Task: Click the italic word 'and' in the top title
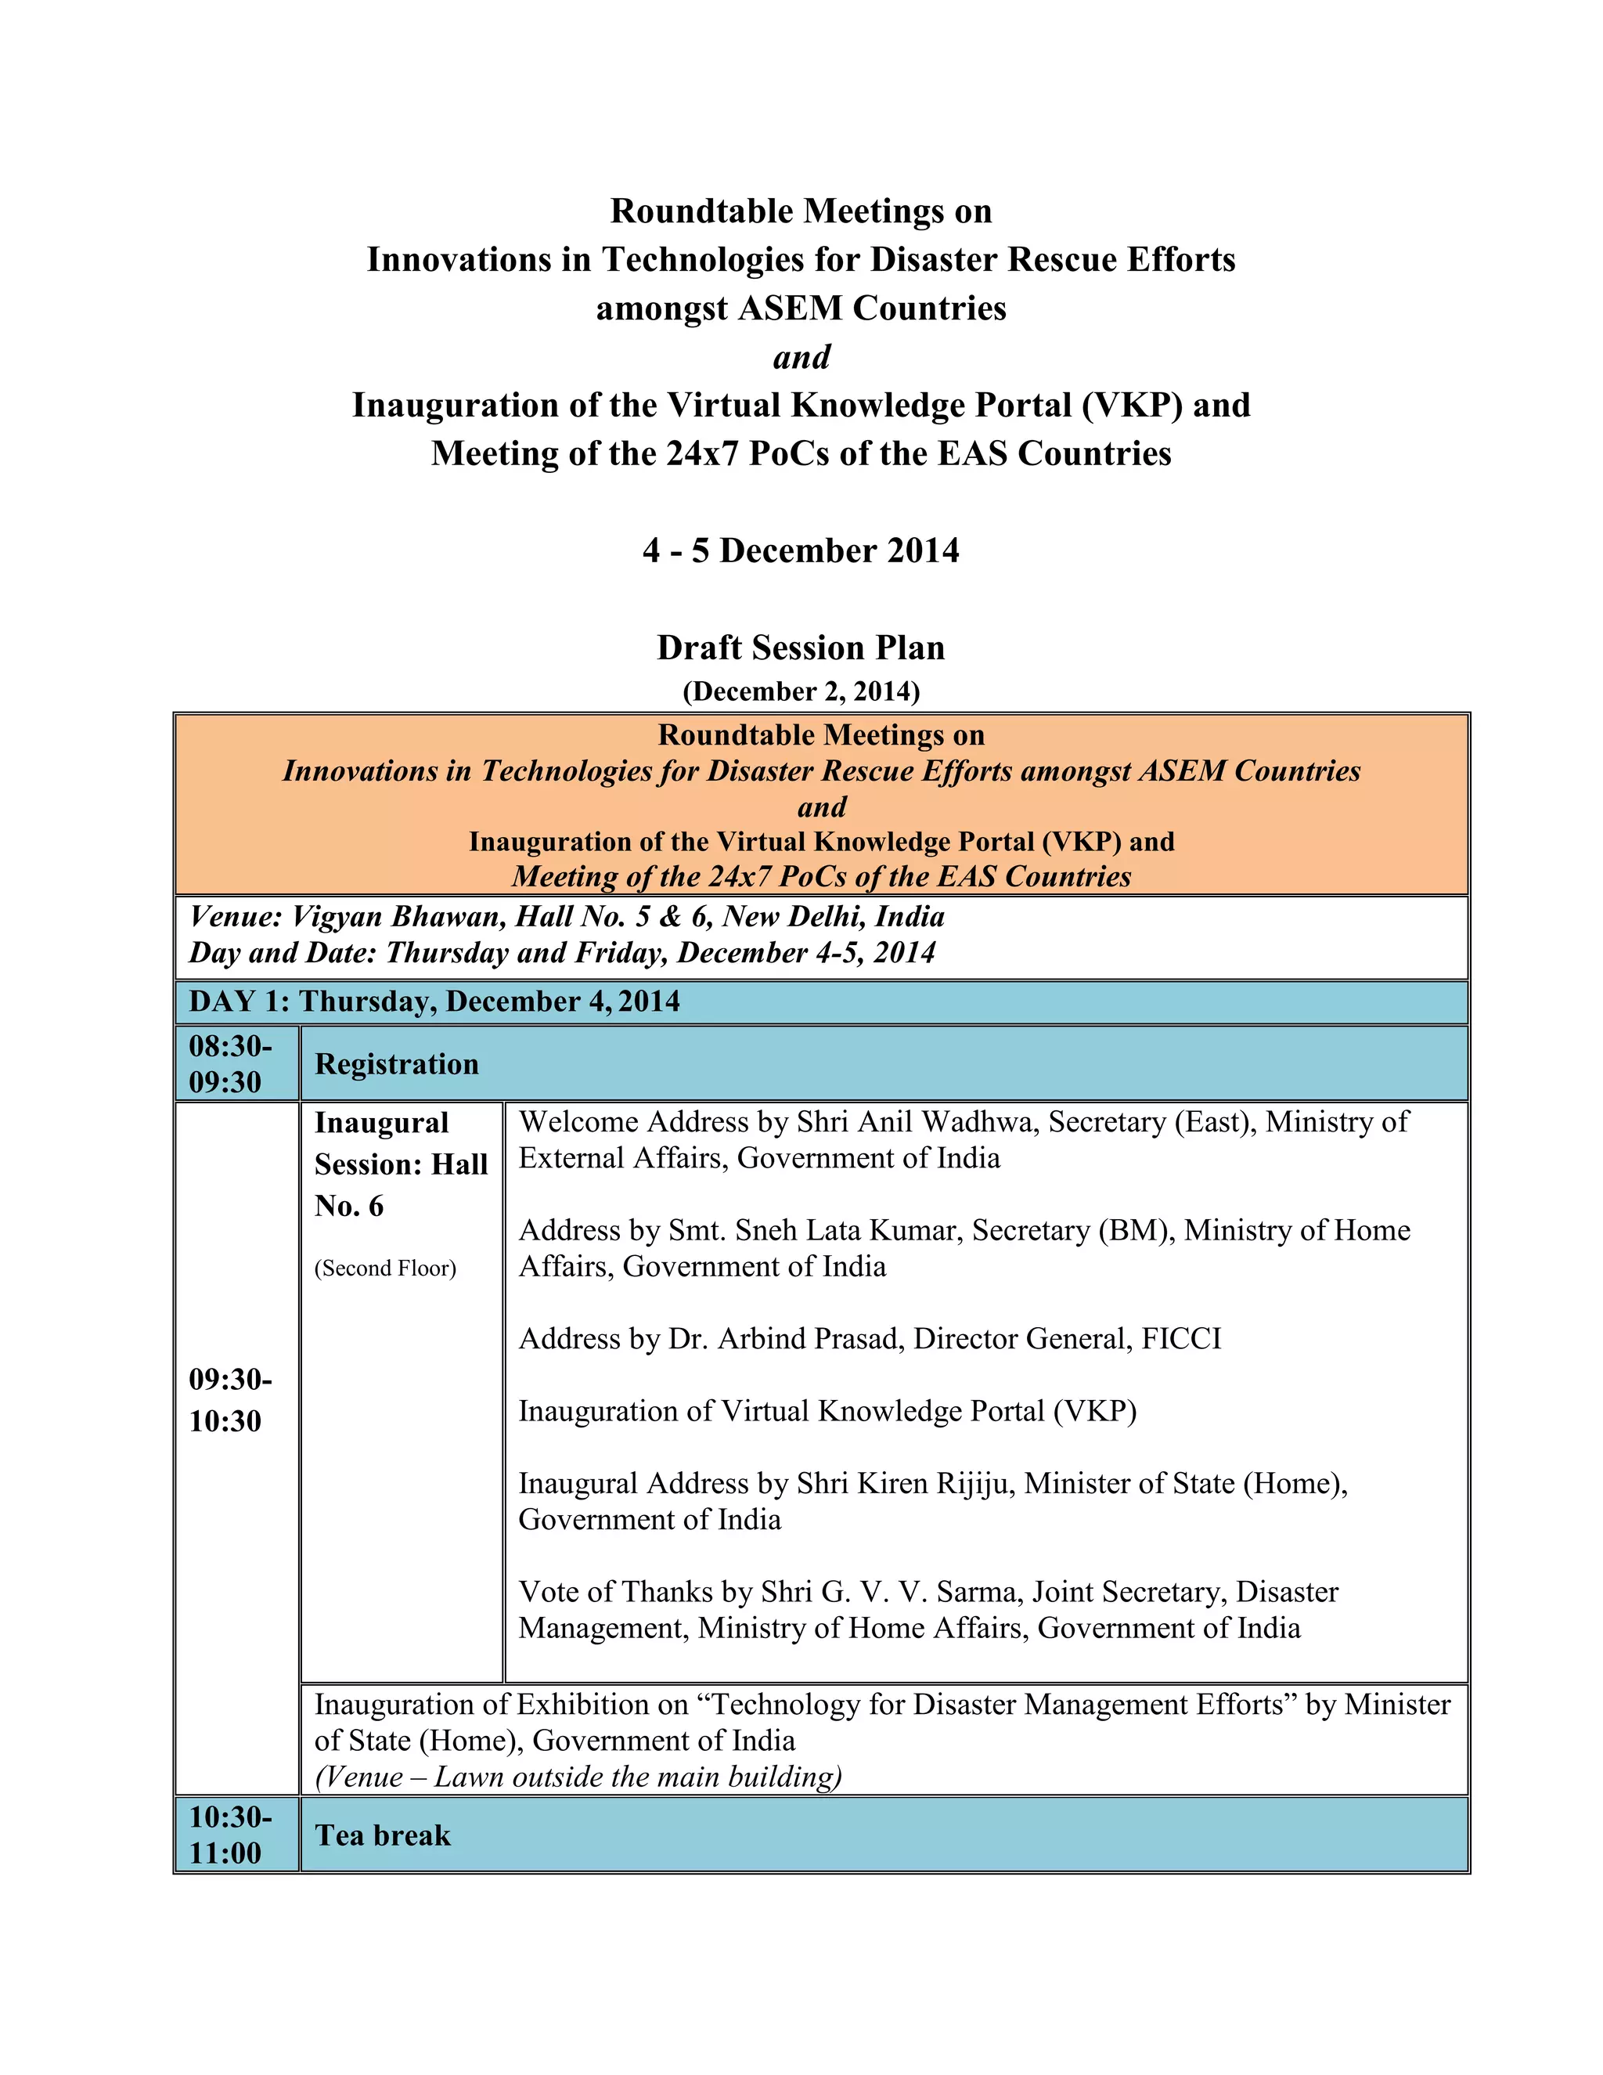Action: click(x=801, y=357)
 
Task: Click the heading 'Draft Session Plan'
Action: click(x=801, y=648)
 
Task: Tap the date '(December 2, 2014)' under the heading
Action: click(x=801, y=691)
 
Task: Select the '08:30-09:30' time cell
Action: click(x=230, y=1064)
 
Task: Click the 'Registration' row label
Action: click(x=396, y=1064)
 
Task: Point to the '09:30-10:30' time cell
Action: click(x=230, y=1401)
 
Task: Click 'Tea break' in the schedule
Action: click(x=383, y=1835)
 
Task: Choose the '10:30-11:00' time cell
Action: click(x=230, y=1835)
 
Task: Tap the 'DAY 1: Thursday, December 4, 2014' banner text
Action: click(x=434, y=1001)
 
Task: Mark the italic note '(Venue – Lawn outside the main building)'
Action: click(x=578, y=1777)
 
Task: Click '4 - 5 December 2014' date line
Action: click(x=801, y=551)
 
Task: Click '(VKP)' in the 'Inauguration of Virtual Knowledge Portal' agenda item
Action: click(x=1094, y=1411)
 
